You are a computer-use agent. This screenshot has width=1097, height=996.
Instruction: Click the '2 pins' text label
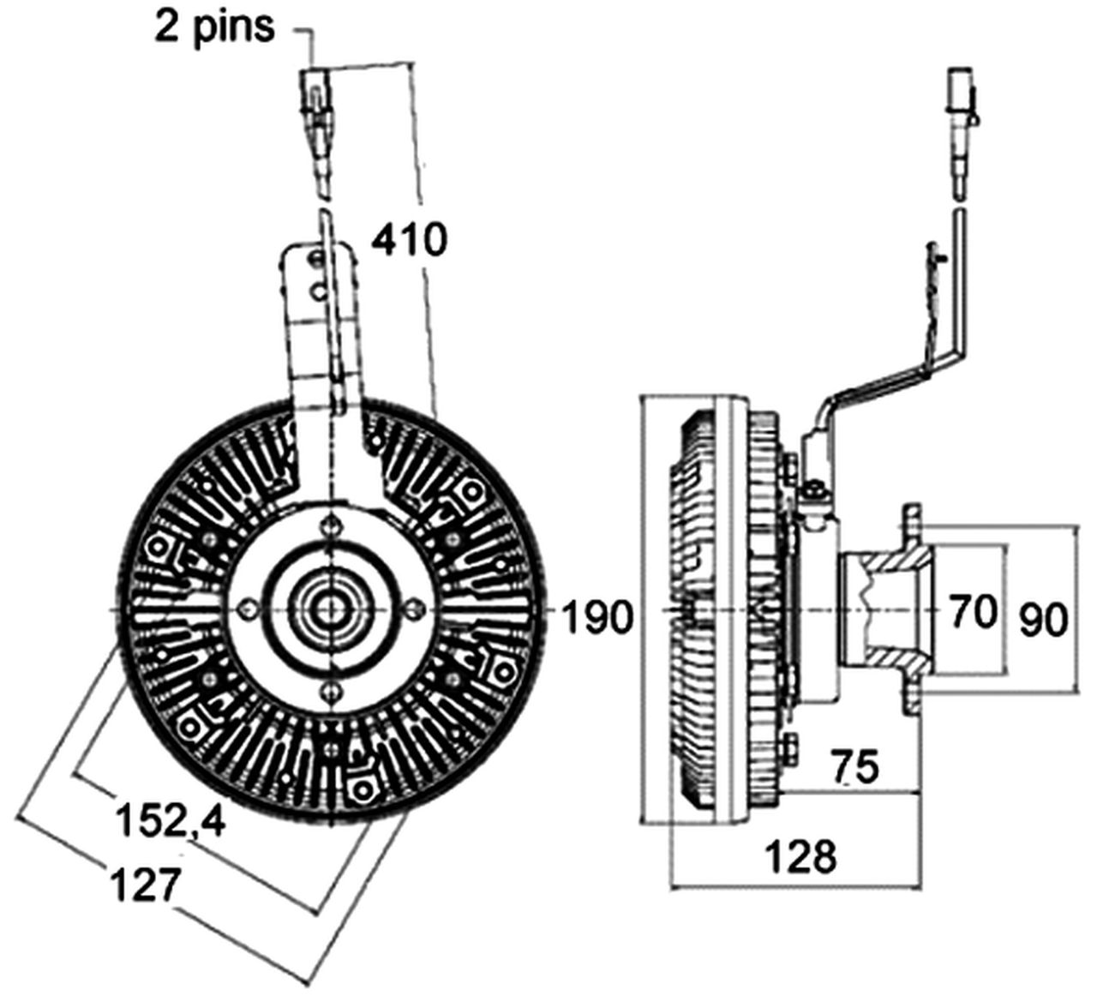[215, 27]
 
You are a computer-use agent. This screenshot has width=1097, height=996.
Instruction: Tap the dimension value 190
[597, 616]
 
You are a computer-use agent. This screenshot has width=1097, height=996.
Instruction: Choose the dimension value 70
[974, 611]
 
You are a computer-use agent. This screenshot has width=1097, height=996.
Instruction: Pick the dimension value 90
[1043, 620]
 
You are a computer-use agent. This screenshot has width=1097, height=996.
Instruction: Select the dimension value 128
[800, 855]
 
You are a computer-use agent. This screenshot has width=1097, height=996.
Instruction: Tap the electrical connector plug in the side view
[960, 94]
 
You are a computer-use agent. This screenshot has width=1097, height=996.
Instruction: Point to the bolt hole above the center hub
[329, 527]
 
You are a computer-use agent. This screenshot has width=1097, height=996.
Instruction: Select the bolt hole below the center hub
[329, 689]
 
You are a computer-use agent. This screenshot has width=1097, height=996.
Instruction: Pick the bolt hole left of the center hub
[248, 608]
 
